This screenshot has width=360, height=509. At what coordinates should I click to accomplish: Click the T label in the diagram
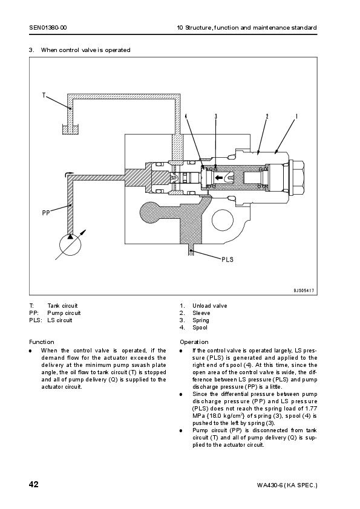(x=44, y=95)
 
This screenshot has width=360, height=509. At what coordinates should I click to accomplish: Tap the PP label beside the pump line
(x=46, y=213)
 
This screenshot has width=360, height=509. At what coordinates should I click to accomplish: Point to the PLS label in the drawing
(x=227, y=259)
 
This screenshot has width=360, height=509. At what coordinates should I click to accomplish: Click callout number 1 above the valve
(x=296, y=116)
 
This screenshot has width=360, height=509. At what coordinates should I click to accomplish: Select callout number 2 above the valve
(x=267, y=116)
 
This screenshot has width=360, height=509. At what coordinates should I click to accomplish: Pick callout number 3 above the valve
(x=216, y=116)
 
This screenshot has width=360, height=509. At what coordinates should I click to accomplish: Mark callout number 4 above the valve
(x=186, y=116)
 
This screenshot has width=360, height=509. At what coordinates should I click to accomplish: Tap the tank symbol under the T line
(x=71, y=129)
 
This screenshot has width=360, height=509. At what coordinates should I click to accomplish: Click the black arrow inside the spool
(x=218, y=177)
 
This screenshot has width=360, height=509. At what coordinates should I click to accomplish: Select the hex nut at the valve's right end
(x=296, y=177)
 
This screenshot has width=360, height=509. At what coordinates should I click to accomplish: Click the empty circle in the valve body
(x=223, y=220)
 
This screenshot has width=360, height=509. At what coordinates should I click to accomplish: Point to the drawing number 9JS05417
(x=304, y=291)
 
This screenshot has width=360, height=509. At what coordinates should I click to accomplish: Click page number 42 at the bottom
(x=34, y=484)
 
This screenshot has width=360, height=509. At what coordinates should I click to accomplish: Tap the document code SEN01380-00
(x=48, y=28)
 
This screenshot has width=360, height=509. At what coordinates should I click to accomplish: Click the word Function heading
(x=42, y=342)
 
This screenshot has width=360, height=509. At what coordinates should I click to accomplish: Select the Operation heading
(x=194, y=342)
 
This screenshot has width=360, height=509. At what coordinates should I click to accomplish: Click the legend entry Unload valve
(x=209, y=306)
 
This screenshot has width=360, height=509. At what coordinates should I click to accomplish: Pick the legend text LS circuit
(x=60, y=320)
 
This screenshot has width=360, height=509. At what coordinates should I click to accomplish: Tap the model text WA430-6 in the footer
(x=269, y=485)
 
